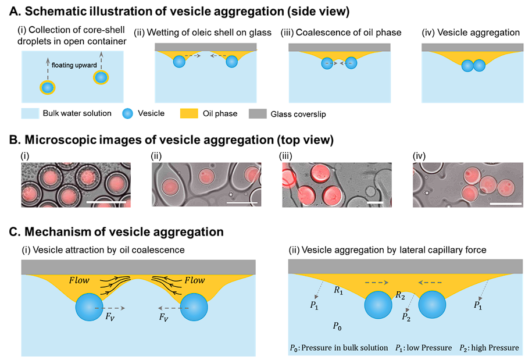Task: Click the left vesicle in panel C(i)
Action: pyautogui.click(x=91, y=308)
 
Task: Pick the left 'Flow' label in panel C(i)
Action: pyautogui.click(x=80, y=281)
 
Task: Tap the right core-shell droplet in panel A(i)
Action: pyautogui.click(x=101, y=77)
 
